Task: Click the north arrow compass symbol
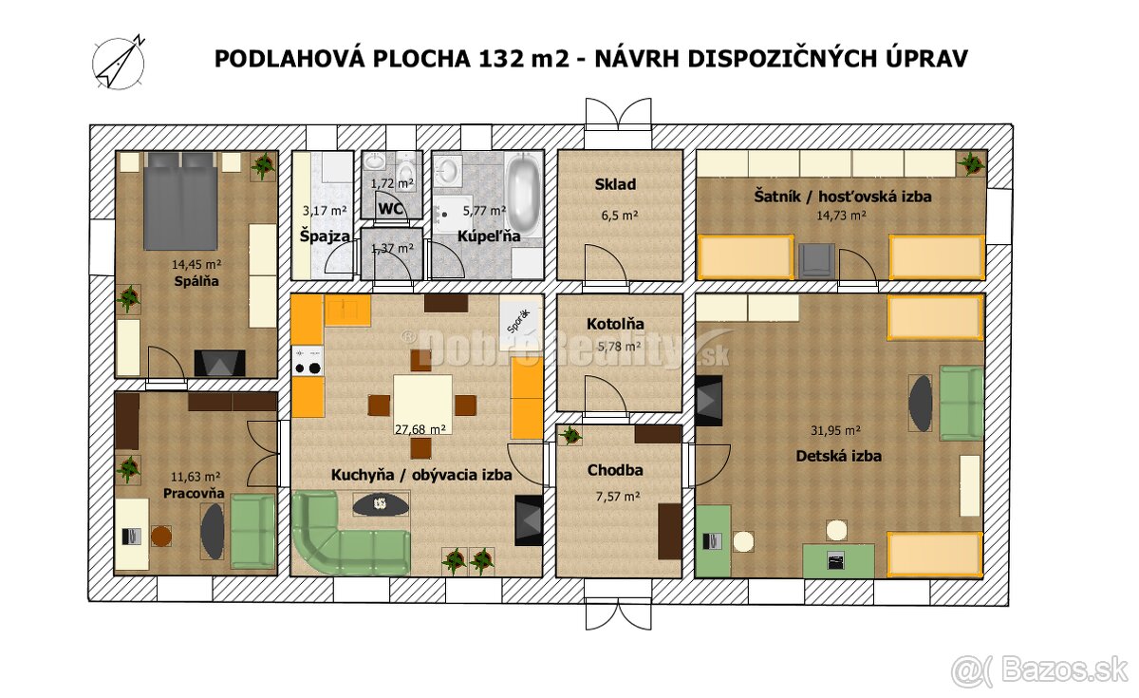coord(118,64)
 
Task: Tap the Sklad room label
coord(615,184)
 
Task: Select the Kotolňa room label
coord(615,324)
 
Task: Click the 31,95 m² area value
coord(838,430)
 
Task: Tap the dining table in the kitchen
coord(422,403)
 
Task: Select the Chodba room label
coord(615,470)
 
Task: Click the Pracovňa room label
coord(194,494)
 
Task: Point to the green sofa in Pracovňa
coord(252,531)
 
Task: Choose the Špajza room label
coord(326,235)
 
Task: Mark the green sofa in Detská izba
coord(961,403)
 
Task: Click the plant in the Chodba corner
coord(570,437)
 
